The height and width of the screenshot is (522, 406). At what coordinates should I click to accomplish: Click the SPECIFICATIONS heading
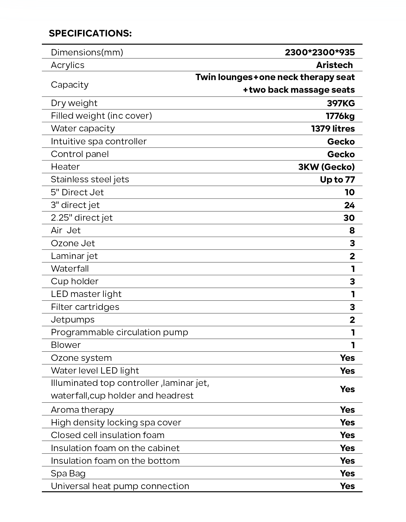90,33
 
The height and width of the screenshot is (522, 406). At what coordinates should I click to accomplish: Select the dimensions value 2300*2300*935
320,52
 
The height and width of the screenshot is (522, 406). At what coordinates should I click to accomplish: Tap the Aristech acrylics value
334,65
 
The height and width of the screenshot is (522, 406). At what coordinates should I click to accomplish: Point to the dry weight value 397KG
341,103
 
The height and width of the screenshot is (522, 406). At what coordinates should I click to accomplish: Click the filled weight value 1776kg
340,116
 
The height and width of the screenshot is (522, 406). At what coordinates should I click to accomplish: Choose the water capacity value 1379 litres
333,129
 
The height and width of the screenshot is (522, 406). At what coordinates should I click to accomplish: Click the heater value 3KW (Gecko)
326,167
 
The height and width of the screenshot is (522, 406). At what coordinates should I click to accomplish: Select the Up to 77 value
337,179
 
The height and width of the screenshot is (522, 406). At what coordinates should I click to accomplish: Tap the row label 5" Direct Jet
77,192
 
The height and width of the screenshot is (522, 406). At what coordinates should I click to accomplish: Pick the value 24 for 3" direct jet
349,205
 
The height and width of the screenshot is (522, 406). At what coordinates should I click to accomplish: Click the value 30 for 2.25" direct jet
349,218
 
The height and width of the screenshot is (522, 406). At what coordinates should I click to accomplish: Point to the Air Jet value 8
352,230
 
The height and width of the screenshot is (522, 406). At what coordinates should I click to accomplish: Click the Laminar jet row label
74,256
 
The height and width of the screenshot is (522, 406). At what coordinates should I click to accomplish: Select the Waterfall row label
70,268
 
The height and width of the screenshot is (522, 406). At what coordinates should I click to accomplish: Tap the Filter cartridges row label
85,307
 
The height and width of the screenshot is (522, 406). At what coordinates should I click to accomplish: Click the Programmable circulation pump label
119,332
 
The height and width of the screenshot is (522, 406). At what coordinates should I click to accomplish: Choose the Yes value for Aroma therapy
347,410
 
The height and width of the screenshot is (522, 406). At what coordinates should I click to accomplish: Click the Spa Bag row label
68,473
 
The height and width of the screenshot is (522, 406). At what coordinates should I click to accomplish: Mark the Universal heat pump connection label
120,486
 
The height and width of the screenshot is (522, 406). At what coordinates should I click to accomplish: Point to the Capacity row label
69,85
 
